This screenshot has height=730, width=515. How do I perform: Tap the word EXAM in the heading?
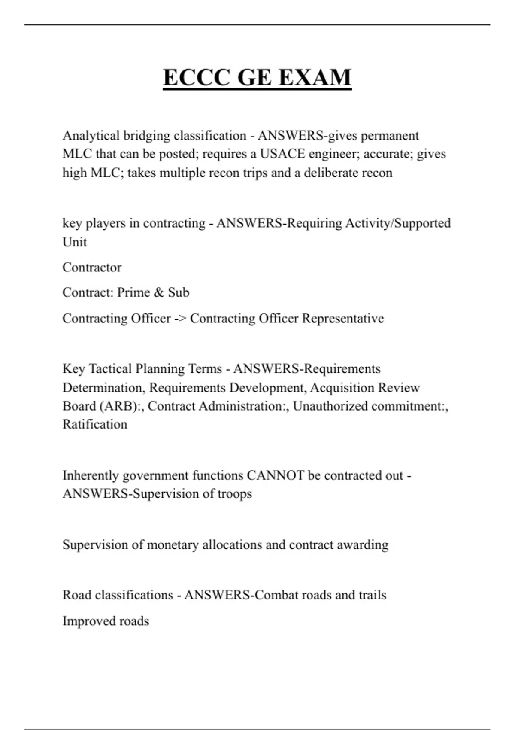(315, 77)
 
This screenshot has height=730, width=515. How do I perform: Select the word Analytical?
(91, 136)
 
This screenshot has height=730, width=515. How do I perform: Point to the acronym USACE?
(282, 154)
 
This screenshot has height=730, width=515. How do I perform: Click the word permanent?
(390, 136)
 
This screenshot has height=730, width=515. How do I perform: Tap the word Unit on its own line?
(75, 242)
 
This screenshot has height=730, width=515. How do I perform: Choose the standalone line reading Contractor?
(92, 267)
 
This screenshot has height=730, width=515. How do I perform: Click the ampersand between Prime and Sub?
(158, 292)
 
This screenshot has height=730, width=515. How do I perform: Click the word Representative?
(343, 319)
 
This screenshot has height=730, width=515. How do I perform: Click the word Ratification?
(95, 424)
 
